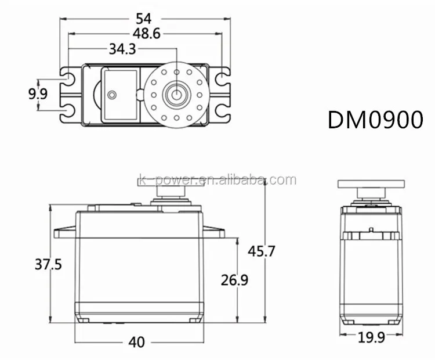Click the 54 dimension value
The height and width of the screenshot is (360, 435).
[143, 19]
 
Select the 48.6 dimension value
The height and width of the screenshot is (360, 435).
[147, 34]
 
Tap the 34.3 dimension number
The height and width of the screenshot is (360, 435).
[122, 49]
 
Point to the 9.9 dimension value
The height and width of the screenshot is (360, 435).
[38, 94]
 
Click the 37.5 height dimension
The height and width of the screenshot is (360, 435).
[48, 264]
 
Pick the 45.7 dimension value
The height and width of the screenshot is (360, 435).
[262, 251]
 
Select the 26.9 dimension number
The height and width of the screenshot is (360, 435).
[234, 280]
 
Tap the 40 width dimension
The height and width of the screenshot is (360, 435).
[136, 342]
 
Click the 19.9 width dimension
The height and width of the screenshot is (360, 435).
[371, 337]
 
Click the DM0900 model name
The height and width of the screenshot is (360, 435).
[375, 120]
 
